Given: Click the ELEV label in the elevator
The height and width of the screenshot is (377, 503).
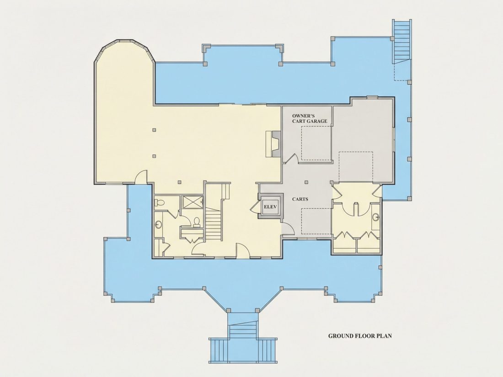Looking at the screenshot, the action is (270, 207).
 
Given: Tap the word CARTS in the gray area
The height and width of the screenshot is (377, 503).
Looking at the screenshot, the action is (300, 199).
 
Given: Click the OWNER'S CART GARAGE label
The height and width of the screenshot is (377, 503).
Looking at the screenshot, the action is (309, 118).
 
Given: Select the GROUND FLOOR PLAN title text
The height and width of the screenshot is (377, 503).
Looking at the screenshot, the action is (360, 336).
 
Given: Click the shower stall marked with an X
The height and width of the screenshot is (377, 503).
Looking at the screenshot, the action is (192, 202).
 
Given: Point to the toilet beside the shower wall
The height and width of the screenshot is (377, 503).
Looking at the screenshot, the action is (160, 202).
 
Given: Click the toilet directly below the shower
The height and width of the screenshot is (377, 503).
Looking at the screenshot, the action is (197, 222).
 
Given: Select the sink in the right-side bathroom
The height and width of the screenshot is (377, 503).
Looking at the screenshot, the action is (376, 218).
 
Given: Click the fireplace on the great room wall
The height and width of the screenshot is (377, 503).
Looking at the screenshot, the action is (273, 143).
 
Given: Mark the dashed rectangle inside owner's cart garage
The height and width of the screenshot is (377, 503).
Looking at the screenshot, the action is (316, 143).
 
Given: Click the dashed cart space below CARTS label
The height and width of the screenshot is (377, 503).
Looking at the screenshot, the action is (316, 221).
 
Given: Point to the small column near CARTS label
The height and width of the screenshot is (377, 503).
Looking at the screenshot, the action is (306, 182).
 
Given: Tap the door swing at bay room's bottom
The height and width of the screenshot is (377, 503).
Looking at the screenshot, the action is (140, 177).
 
